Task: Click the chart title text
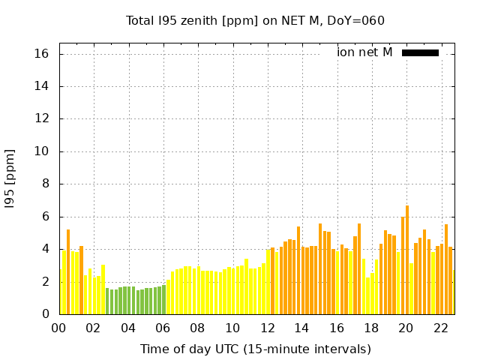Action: pyautogui.click(x=255, y=20)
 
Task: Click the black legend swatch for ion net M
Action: pyautogui.click(x=420, y=52)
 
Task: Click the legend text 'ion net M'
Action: pyautogui.click(x=364, y=52)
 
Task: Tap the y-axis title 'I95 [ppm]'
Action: pyautogui.click(x=10, y=178)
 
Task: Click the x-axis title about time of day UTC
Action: pyautogui.click(x=255, y=349)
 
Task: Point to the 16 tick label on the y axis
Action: pyautogui.click(x=42, y=54)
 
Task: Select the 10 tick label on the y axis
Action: pyautogui.click(x=42, y=151)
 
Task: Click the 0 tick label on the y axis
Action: pyautogui.click(x=46, y=314)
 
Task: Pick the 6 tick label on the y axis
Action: pyautogui.click(x=46, y=217)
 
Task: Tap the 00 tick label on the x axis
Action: pyautogui.click(x=59, y=328)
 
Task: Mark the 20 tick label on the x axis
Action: pyautogui.click(x=406, y=328)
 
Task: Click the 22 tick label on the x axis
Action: pyautogui.click(x=441, y=328)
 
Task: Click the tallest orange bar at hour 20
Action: pyautogui.click(x=407, y=259)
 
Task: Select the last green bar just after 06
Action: pyautogui.click(x=163, y=299)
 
